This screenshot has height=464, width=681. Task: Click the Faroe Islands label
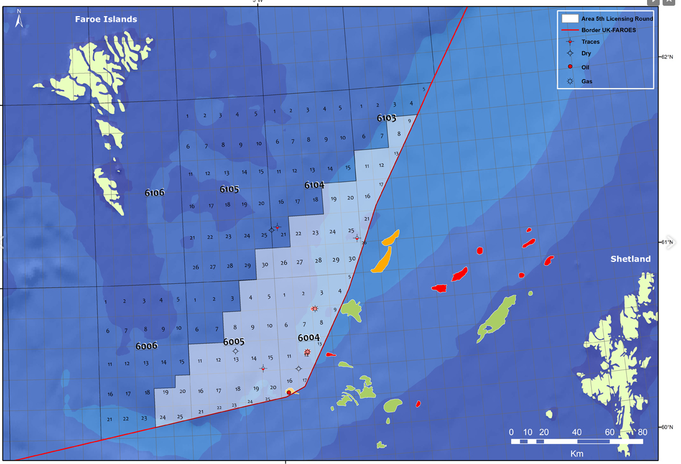pos(106,20)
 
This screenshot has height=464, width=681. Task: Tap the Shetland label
pos(630,259)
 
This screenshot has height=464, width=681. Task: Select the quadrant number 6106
pos(154,193)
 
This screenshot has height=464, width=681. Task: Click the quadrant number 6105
pos(229,189)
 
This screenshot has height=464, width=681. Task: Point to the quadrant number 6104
pos(314,185)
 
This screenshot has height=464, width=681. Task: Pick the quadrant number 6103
pos(387,118)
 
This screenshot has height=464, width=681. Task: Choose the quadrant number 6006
pos(146,346)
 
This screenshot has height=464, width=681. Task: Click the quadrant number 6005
pos(234,342)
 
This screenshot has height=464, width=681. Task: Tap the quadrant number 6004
pos(309,337)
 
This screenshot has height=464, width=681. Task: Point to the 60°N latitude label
pos(667,427)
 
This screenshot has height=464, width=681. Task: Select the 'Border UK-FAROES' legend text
pos(608,30)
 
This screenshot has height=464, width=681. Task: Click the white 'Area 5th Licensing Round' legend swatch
pos(570,18)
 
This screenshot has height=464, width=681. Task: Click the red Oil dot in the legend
pos(570,67)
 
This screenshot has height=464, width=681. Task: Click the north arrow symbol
pos(18,21)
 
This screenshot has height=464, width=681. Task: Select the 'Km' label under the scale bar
pos(576,454)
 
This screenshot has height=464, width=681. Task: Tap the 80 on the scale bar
pos(642,432)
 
